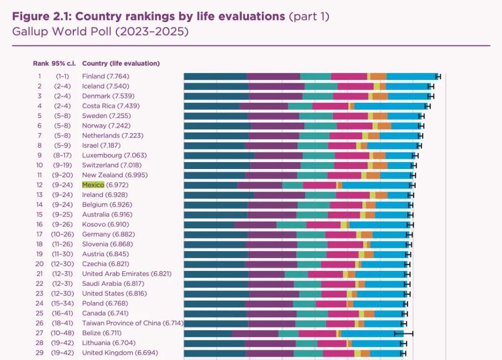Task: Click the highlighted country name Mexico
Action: tap(93, 185)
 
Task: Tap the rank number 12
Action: tap(39, 185)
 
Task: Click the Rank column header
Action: tap(41, 63)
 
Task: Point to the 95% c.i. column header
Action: tap(62, 63)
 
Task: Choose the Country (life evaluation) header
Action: tap(121, 63)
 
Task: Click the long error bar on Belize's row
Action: tap(404, 333)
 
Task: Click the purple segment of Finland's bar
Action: tap(273, 76)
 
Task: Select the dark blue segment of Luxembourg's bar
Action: tap(219, 155)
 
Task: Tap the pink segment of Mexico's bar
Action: tap(319, 185)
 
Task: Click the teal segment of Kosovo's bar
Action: tap(291, 224)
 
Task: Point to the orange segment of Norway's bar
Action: tap(384, 125)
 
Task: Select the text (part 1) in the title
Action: tap(309, 16)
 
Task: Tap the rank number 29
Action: tap(39, 353)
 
